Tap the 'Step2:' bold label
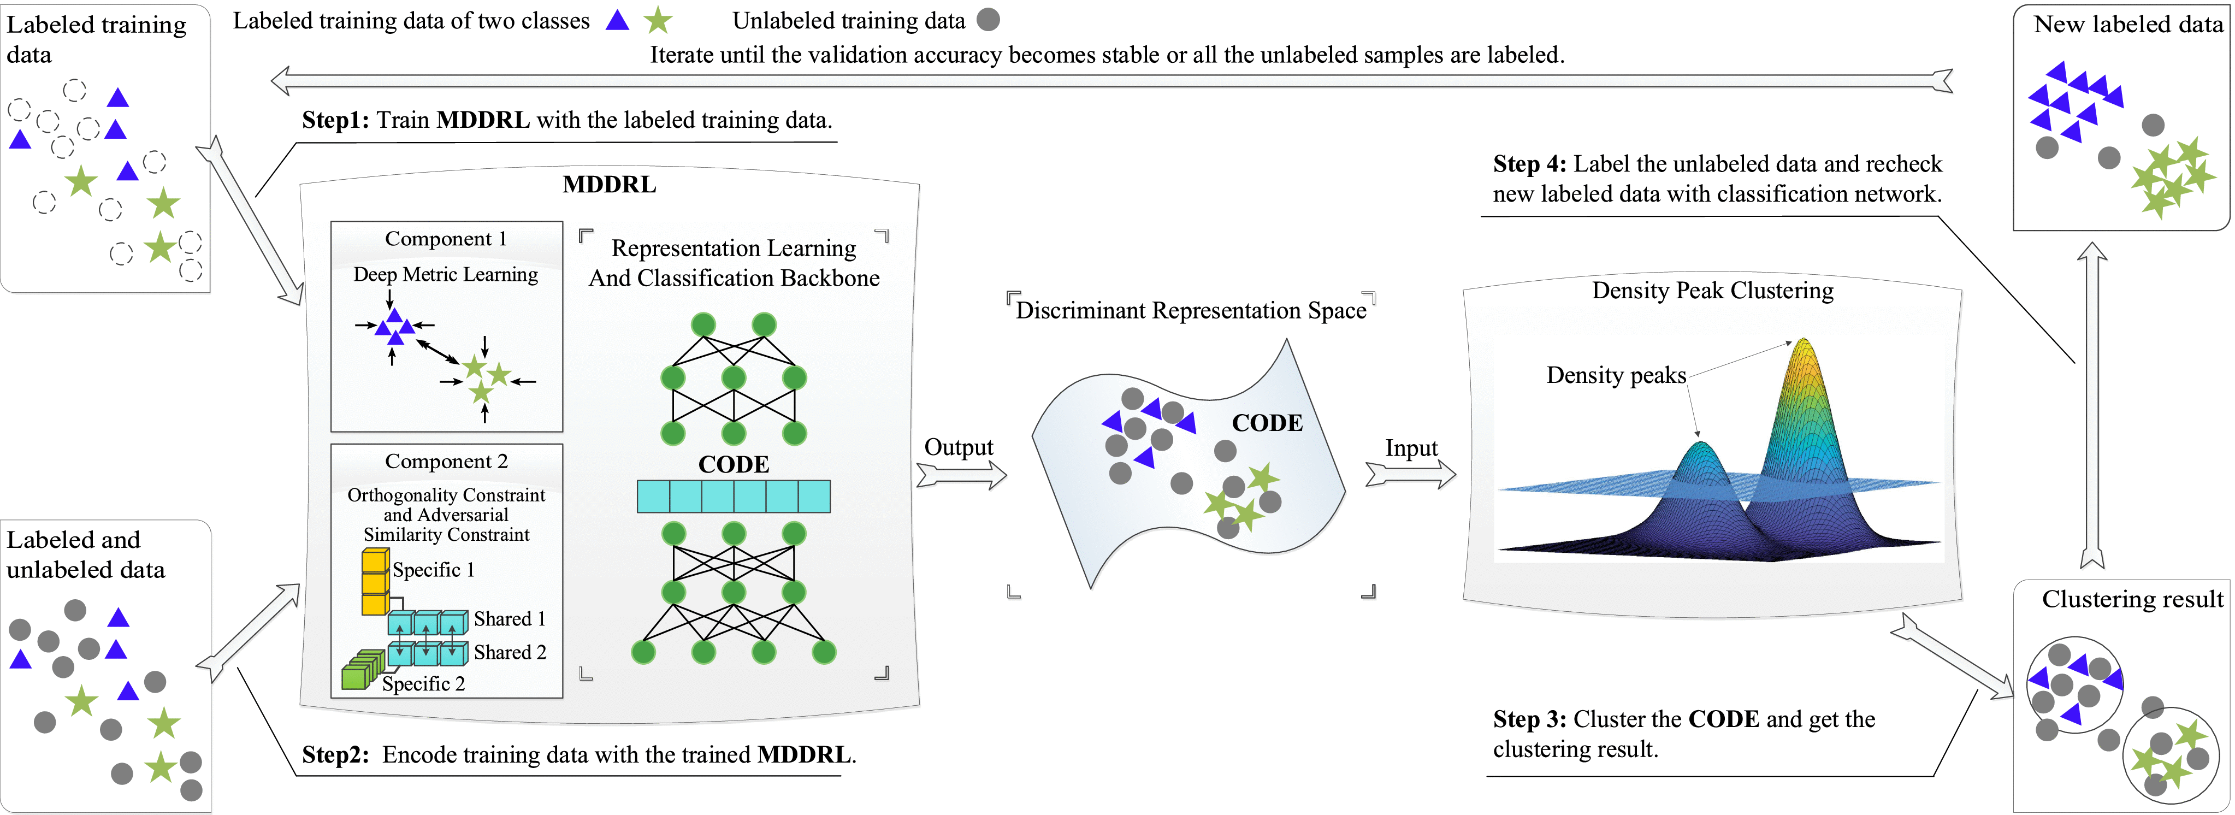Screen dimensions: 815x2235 [x=335, y=754]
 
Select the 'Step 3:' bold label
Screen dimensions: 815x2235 [x=1529, y=719]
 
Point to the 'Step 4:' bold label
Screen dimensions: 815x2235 [x=1529, y=164]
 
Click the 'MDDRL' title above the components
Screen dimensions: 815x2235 [x=609, y=184]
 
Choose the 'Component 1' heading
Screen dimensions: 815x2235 [x=445, y=239]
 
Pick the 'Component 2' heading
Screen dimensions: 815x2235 [x=446, y=462]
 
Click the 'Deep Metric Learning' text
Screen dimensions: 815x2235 [x=445, y=274]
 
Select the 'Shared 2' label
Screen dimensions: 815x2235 [x=509, y=652]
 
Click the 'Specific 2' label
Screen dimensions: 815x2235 [x=423, y=684]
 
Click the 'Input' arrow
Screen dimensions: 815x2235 [x=1410, y=475]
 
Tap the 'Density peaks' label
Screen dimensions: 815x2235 [x=1616, y=375]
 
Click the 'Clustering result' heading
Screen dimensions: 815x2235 [x=2132, y=599]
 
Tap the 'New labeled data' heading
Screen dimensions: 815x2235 [x=2127, y=24]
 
